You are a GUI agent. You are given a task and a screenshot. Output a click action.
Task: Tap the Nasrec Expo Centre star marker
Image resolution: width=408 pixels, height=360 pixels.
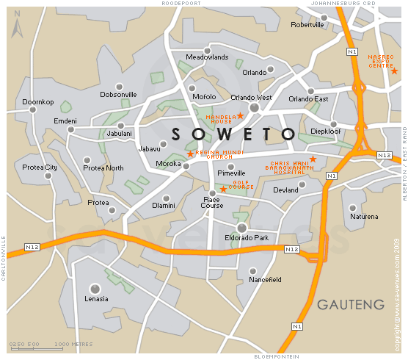coord(394,71)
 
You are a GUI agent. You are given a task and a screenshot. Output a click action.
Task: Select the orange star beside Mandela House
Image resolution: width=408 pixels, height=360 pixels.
coord(240,116)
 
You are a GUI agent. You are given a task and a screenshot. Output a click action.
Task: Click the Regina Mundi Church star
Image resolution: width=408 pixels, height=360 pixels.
coord(190,154)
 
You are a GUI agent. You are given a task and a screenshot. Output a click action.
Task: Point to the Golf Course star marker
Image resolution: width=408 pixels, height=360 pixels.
coord(223,190)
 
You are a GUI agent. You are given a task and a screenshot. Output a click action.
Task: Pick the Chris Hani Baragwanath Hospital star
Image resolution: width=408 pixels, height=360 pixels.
coord(313,159)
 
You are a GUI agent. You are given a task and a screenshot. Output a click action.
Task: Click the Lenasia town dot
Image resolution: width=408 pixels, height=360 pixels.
coord(95,288)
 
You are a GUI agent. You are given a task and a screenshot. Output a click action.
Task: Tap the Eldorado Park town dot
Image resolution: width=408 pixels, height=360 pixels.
coord(241,228)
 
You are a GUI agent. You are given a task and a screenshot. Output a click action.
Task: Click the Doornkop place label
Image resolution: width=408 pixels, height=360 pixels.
coord(38,101)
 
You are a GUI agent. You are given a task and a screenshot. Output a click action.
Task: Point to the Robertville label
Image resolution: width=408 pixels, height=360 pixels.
coord(307,24)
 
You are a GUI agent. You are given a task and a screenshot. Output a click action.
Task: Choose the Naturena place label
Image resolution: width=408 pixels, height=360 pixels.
coord(365,217)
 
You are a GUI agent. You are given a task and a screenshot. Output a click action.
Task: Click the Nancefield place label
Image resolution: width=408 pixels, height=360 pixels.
coord(265,280)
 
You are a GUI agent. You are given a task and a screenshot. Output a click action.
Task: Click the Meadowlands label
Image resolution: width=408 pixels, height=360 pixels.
coord(208,57)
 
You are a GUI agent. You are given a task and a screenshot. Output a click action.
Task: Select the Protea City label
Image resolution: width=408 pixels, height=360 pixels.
coord(40,168)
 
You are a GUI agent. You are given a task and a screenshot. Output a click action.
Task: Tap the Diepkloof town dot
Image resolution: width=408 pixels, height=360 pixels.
coord(332,123)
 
